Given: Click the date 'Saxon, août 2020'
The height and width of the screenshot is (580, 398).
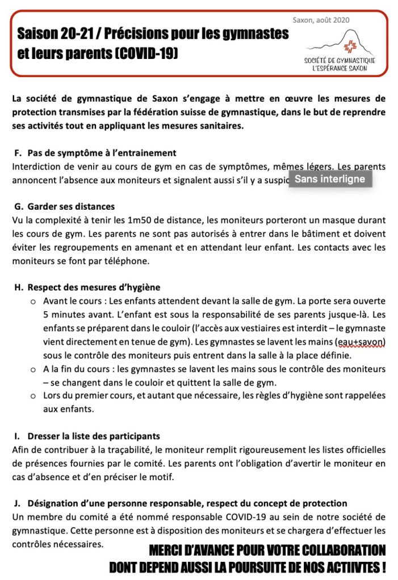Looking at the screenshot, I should (x=321, y=20).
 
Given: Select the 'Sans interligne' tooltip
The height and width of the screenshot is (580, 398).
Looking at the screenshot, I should (x=330, y=180).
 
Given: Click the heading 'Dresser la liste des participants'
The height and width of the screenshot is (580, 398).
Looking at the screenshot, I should (x=93, y=437).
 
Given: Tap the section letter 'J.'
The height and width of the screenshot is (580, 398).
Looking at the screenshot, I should (x=18, y=503).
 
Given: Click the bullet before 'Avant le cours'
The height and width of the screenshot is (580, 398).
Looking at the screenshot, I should (x=33, y=300).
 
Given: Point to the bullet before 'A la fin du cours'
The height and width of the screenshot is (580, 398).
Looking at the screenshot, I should (x=33, y=370).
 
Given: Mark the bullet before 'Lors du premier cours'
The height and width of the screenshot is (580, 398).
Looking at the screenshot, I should (x=33, y=396).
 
